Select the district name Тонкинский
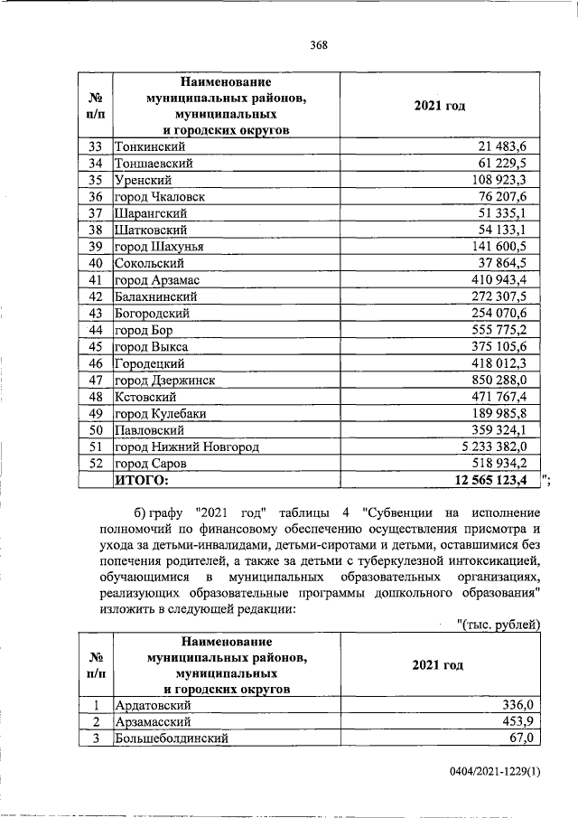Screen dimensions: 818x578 [x=150, y=146]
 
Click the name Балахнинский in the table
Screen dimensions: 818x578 [x=156, y=296]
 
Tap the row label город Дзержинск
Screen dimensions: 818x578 [x=165, y=381]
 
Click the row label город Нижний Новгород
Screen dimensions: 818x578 [x=187, y=447]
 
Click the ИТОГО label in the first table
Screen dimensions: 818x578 [x=142, y=481]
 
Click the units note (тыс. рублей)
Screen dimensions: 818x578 [x=499, y=624]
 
